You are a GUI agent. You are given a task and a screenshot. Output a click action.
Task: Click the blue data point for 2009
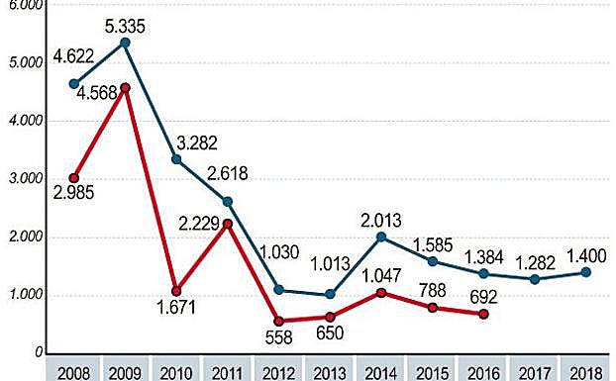[x=126, y=43]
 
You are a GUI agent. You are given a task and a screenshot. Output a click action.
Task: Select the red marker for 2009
[x=126, y=88]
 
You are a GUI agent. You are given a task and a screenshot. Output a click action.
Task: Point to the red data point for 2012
[x=279, y=322]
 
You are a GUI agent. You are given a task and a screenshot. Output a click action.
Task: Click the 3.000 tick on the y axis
[x=24, y=179]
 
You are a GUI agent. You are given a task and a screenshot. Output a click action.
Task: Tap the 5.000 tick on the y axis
[x=24, y=62]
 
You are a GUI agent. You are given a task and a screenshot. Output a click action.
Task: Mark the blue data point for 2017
[x=537, y=279]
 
